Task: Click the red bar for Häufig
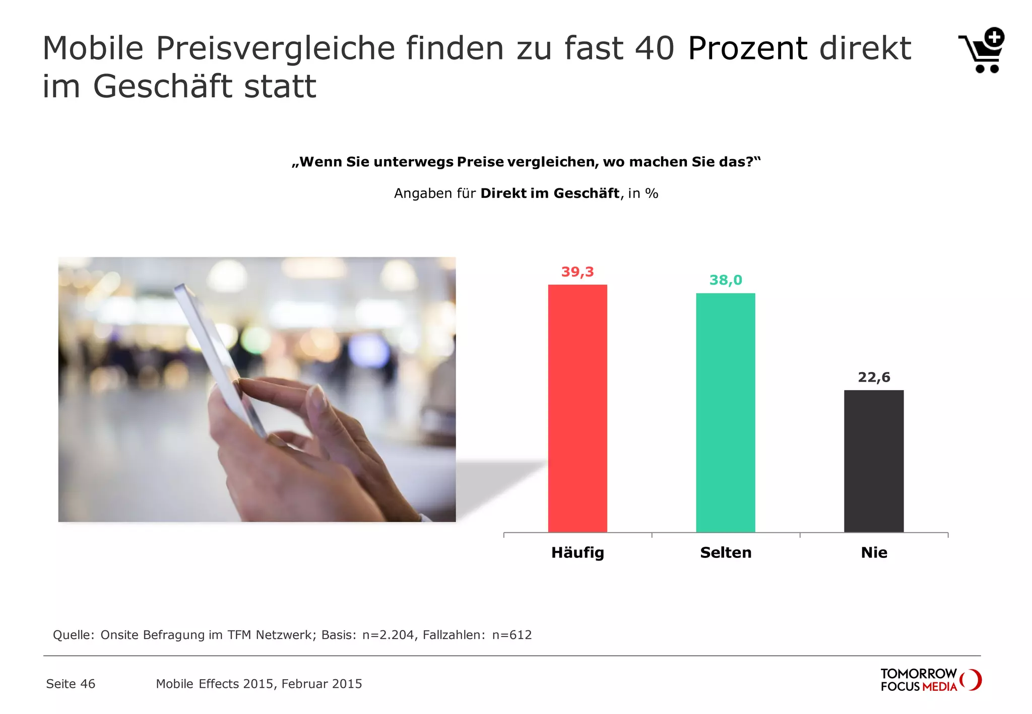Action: [577, 408]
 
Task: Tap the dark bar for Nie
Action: [874, 461]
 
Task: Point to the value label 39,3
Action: [577, 272]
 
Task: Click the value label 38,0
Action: [726, 280]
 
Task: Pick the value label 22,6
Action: [874, 377]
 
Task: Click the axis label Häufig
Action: [577, 552]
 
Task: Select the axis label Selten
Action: [726, 552]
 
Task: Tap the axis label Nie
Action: [874, 552]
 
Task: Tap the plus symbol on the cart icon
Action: [994, 37]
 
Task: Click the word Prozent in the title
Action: [747, 48]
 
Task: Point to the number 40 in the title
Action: [655, 48]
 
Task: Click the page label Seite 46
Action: [71, 684]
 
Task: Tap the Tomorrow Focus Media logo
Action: [930, 680]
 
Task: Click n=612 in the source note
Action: [512, 635]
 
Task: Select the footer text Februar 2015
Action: [321, 684]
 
